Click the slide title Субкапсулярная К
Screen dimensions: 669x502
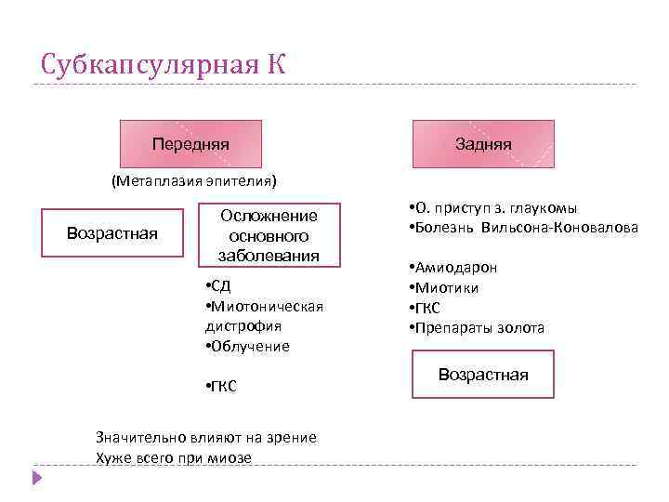coord(164,64)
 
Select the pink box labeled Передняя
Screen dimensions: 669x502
coord(191,145)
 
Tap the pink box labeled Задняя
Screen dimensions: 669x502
coord(483,145)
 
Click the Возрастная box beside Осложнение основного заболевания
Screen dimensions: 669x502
coord(112,231)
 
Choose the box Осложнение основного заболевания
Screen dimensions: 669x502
coord(269,235)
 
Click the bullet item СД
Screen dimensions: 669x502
coord(221,285)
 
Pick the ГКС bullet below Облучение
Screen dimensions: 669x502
coord(223,386)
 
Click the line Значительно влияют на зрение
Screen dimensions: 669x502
coord(206,437)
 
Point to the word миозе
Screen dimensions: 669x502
coord(231,457)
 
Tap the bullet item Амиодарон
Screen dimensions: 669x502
coord(456,268)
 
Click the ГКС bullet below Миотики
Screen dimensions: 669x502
coord(428,308)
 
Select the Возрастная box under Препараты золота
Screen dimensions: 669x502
coord(483,375)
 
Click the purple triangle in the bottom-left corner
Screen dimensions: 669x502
coord(37,478)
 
